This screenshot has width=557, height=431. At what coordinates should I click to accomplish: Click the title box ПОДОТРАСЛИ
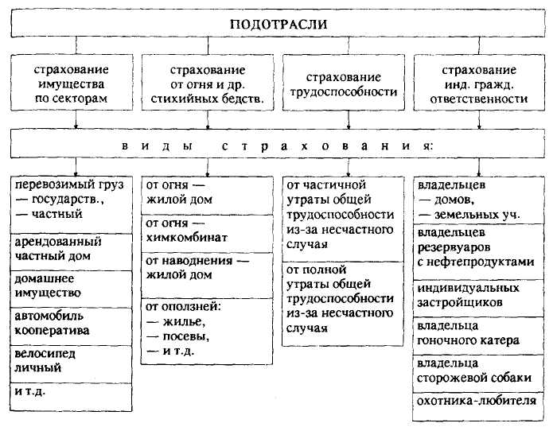pos(278,25)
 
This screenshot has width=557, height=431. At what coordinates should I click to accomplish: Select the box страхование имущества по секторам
pos(76,84)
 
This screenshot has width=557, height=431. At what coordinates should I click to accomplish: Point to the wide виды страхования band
pos(278,147)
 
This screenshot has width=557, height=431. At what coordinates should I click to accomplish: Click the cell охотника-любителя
pos(479,401)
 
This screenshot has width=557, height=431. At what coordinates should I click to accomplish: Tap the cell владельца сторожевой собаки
pos(479,370)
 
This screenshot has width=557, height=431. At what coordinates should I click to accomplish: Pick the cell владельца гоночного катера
pos(479,333)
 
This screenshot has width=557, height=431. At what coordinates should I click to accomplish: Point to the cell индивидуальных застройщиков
pos(479,296)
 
